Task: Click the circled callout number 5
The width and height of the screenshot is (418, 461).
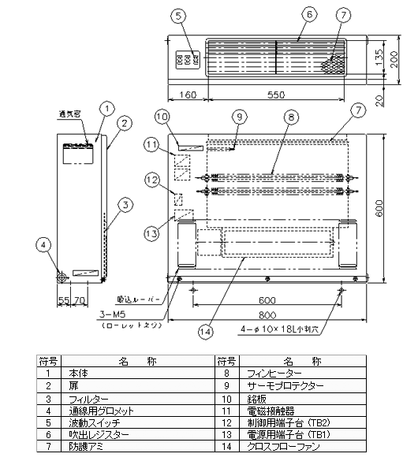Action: click(x=179, y=14)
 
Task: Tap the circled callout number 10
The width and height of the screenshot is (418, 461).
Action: click(x=162, y=117)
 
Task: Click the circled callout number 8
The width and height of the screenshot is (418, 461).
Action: click(x=292, y=117)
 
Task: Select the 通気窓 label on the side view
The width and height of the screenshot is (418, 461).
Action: click(x=72, y=113)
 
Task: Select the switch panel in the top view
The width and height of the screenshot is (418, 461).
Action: click(x=185, y=59)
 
